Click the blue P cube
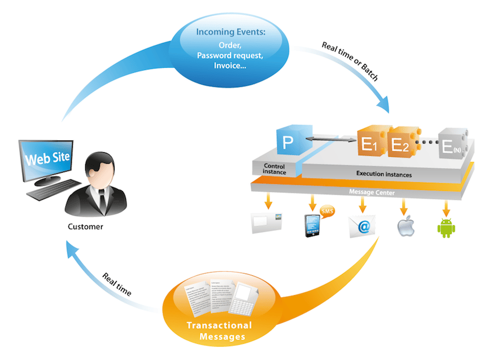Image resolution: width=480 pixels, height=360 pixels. tap(289, 142)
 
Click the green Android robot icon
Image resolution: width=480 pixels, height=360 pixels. tap(446, 227)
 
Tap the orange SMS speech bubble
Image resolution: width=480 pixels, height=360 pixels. tap(328, 212)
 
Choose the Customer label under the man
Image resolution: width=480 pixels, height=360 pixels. tap(85, 227)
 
